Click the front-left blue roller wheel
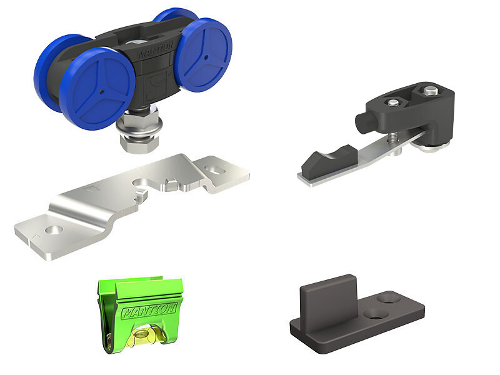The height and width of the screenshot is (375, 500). (97, 89)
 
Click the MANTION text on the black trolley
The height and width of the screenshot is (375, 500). (156, 50)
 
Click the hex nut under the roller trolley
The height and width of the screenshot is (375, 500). (139, 144)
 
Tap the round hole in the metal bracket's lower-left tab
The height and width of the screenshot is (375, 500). (54, 229)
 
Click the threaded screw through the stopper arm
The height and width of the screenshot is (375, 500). (392, 137)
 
